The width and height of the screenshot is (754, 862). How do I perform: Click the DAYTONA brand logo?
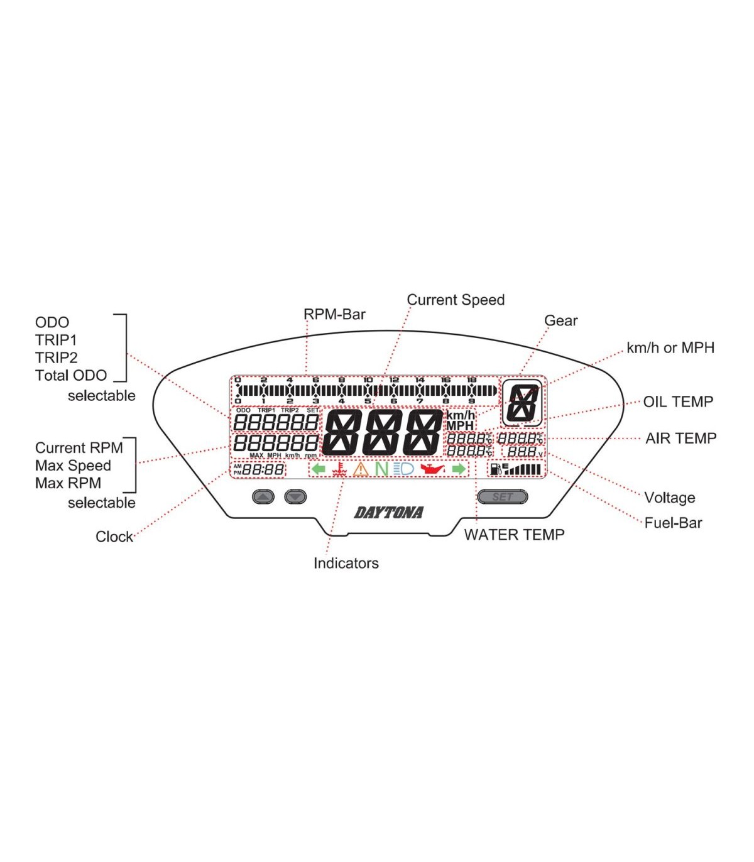(x=389, y=513)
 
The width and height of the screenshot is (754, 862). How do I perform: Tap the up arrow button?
(x=263, y=497)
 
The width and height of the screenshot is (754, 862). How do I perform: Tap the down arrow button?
(x=295, y=497)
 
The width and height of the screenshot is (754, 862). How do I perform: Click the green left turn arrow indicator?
(x=319, y=469)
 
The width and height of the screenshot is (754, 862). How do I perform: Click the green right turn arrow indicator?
(x=459, y=469)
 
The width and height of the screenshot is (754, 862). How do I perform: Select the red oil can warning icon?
(x=432, y=469)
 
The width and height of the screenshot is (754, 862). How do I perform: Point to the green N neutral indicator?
(x=381, y=469)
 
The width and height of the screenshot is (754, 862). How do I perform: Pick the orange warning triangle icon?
(x=361, y=469)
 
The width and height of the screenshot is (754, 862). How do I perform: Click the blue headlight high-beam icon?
(x=403, y=469)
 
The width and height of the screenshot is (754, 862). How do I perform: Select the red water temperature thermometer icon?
(x=340, y=469)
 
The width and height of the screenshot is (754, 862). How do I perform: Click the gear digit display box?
(x=523, y=403)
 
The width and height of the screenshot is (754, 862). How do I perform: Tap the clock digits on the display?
(x=263, y=469)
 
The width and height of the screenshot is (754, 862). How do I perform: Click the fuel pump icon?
(x=496, y=469)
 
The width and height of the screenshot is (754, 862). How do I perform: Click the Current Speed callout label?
(x=456, y=300)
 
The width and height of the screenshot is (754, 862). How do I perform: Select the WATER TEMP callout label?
(x=514, y=535)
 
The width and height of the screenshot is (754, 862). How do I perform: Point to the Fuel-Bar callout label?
(x=673, y=523)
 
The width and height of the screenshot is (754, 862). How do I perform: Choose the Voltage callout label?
(x=669, y=498)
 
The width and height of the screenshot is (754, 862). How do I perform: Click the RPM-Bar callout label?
(x=334, y=314)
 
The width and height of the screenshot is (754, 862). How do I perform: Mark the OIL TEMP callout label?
(x=678, y=401)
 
